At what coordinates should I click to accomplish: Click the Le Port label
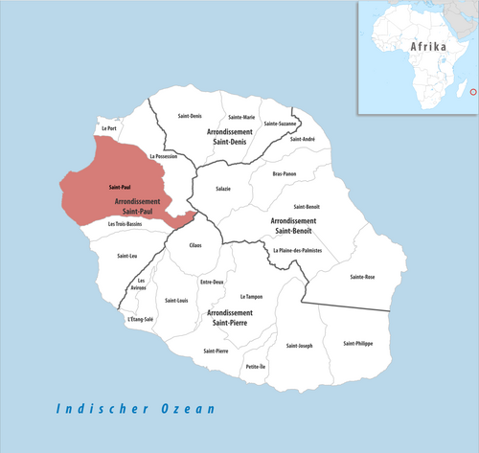pos(110,127)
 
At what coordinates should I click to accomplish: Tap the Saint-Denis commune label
pos(190,117)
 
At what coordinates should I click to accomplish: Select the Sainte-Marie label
pos(241,117)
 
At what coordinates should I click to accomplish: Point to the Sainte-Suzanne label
pos(281,124)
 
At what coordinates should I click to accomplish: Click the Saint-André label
pos(302,139)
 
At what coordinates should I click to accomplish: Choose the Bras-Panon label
pos(285,174)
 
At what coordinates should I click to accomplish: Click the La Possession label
pos(165,155)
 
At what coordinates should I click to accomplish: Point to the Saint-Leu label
pos(126,256)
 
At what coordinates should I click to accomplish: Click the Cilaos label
pos(195,247)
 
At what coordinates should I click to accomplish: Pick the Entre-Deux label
pos(212,282)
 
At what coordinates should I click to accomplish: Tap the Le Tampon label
pos(251,297)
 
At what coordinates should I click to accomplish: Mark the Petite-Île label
pos(256,367)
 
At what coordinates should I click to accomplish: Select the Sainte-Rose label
pos(363,277)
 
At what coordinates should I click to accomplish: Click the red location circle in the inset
pos(470,93)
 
